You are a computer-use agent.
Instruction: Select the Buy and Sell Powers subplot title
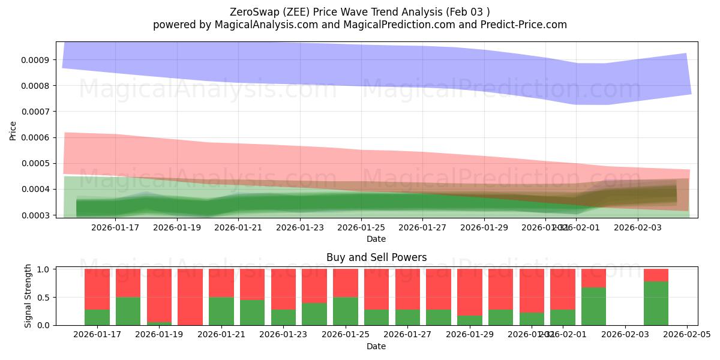[376, 257]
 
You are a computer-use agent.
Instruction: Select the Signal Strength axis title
[28, 296]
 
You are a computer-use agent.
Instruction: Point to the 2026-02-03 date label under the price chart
[638, 227]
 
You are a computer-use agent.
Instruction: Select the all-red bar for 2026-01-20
[190, 297]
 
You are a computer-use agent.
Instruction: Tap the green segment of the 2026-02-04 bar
[656, 304]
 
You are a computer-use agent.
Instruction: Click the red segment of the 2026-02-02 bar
[593, 278]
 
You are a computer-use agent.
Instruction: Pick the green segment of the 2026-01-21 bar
[221, 311]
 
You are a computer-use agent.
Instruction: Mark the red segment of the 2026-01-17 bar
[97, 289]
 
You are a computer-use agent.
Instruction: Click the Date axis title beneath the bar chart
[376, 346]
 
